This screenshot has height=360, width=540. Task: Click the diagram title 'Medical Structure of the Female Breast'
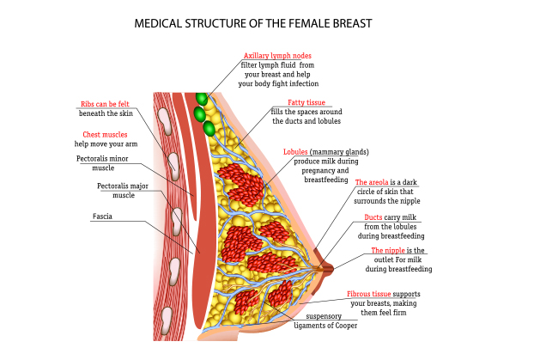pos(253,23)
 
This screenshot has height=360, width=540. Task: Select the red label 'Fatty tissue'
pos(306,102)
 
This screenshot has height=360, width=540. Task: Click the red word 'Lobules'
pos(296,151)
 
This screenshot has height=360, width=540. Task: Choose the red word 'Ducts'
pos(373,217)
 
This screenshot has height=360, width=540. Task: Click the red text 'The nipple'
pos(388,250)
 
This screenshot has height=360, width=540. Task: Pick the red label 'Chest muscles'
pos(105,135)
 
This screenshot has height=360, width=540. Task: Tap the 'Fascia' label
pos(102,217)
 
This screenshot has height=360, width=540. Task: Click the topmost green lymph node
pos(202,99)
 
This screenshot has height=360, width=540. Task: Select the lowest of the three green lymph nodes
pos(209,128)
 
